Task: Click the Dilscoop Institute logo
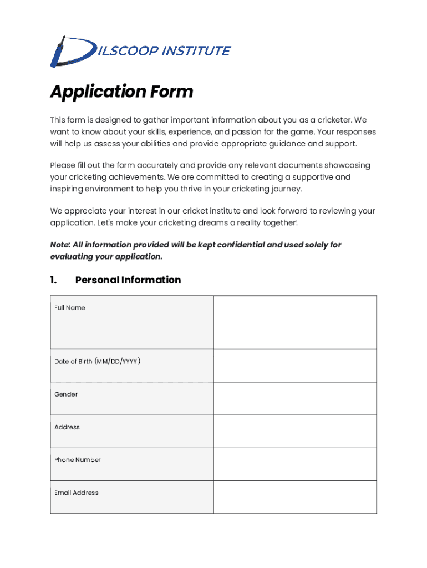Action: coord(140,51)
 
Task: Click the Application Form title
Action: coord(121,92)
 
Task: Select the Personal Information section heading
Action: coord(128,280)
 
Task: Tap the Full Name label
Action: coord(70,308)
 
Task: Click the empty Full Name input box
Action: coord(294,322)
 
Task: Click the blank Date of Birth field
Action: coord(294,366)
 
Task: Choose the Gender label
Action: coord(66,394)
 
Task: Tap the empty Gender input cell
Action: coord(294,398)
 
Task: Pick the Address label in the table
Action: coord(67,427)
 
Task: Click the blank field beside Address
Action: coord(294,431)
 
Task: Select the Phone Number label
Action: coord(78,460)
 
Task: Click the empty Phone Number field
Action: coord(294,464)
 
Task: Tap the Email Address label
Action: coord(77,493)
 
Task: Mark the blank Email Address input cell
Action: coord(294,496)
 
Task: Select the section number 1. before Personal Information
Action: coord(53,280)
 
